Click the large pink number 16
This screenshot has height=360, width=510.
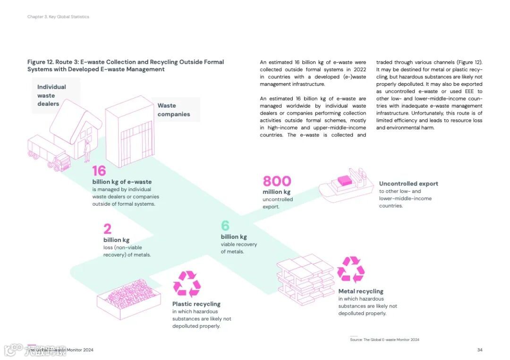[99, 171]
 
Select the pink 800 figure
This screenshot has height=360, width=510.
[277, 181]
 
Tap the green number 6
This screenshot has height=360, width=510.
[225, 226]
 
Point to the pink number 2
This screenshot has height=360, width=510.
[108, 229]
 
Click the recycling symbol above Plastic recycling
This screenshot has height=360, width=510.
[187, 284]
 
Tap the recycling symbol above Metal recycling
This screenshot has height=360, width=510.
[350, 269]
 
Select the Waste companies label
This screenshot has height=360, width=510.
[174, 110]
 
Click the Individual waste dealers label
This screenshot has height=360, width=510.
[51, 95]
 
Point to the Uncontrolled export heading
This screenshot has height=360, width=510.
[408, 184]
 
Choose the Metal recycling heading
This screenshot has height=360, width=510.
[361, 292]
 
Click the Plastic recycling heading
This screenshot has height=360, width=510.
[196, 304]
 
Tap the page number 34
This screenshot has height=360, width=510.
[480, 350]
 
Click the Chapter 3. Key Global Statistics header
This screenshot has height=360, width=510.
[58, 17]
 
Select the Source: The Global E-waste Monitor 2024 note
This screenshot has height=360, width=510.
[384, 340]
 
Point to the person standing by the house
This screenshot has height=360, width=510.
[87, 151]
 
